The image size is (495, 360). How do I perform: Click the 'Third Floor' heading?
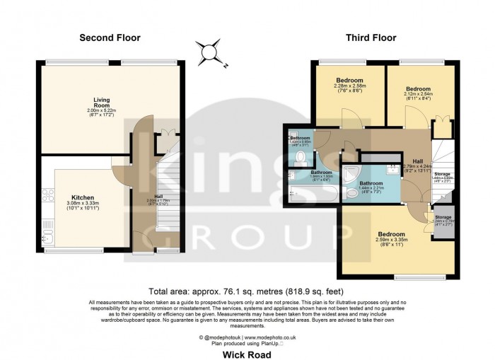pyautogui.click(x=364, y=37)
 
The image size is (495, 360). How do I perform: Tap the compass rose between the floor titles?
pyautogui.click(x=209, y=54)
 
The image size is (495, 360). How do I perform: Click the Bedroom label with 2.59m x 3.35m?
pyautogui.click(x=390, y=234)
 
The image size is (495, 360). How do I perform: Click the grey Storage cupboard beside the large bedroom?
pyautogui.click(x=446, y=221)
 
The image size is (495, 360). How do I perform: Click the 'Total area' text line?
pyautogui.click(x=247, y=291)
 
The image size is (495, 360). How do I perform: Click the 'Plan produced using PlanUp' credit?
pyautogui.click(x=246, y=342)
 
